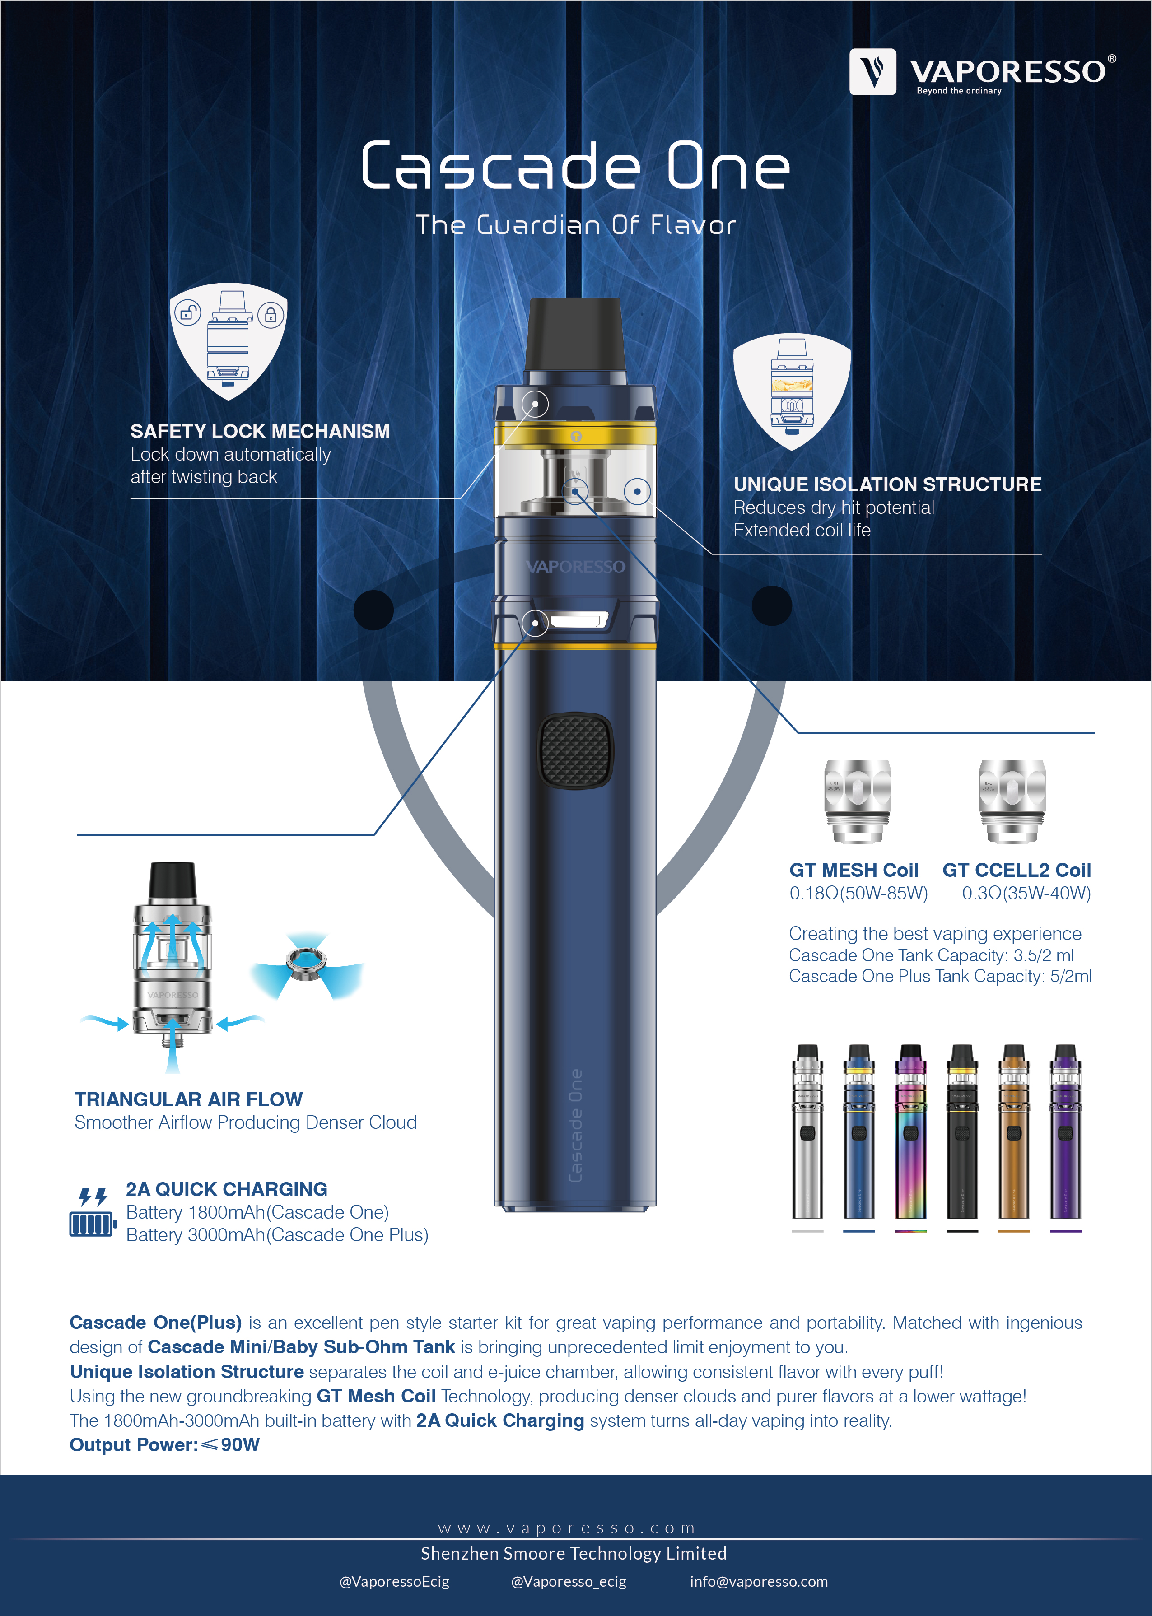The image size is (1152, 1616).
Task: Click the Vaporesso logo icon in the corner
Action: (872, 72)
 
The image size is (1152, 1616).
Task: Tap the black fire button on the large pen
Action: (576, 750)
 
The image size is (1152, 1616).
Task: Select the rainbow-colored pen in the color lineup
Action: (911, 1132)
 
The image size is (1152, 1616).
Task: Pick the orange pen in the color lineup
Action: (1014, 1132)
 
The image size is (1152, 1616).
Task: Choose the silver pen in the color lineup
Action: (807, 1132)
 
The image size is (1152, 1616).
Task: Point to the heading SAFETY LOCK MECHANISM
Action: (260, 431)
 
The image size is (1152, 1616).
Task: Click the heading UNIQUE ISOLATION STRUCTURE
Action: (887, 484)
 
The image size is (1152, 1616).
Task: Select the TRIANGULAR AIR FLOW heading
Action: (189, 1099)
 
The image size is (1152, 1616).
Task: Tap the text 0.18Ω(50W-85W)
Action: (858, 893)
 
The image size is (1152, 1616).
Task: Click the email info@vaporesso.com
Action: (759, 1581)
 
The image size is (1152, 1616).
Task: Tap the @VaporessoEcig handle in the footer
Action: (394, 1581)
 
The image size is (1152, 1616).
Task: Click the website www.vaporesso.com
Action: (567, 1528)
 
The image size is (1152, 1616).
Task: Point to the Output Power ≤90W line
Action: (164, 1444)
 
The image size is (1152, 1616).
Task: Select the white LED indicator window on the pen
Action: (579, 621)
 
